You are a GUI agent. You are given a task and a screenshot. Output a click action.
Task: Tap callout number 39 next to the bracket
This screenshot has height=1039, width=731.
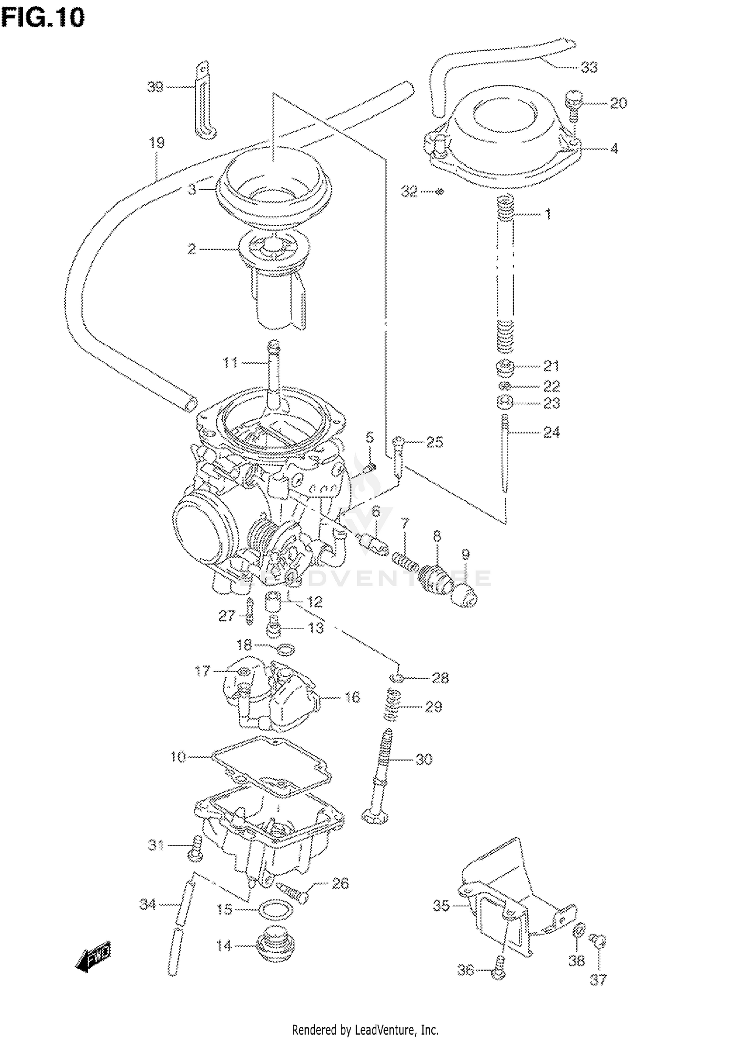[154, 88]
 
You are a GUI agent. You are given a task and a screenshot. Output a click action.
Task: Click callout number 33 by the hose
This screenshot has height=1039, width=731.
[589, 67]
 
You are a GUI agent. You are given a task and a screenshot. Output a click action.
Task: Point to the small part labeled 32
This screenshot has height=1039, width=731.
[439, 192]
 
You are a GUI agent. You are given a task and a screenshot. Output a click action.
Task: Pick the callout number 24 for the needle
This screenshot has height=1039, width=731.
[551, 432]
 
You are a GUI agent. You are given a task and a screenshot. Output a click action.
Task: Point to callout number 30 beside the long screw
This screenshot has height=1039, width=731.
[423, 759]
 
